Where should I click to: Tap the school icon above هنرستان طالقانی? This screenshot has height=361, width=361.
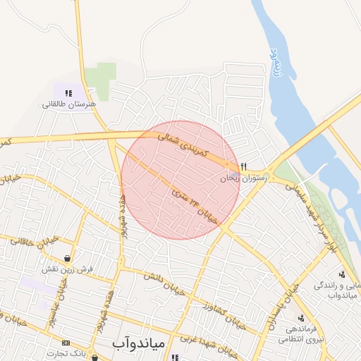pyautogui.click(x=68, y=92)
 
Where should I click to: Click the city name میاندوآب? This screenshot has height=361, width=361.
pyautogui.click(x=138, y=343)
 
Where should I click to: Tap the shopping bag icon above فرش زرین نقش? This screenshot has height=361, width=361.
pyautogui.click(x=66, y=257)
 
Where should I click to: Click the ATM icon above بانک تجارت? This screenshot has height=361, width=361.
pyautogui.click(x=66, y=343)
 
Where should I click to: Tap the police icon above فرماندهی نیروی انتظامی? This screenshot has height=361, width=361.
pyautogui.click(x=302, y=318)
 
